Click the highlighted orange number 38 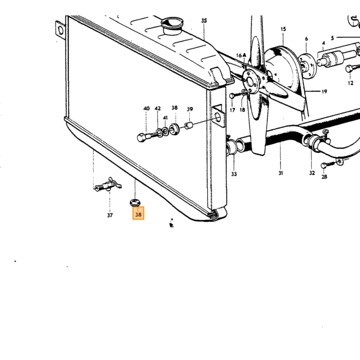click(138, 214)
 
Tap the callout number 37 click(110, 215)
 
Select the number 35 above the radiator click(204, 21)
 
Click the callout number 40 click(147, 109)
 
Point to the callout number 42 click(158, 109)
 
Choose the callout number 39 click(190, 109)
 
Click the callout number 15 click(283, 29)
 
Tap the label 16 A click(241, 56)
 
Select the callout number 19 click(324, 92)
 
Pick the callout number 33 click(234, 174)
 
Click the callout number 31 click(281, 173)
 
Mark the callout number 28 click(324, 176)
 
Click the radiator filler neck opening click(172, 22)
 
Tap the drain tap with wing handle click(108, 185)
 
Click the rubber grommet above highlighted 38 click(135, 202)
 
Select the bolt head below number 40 click(141, 137)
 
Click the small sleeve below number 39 click(189, 125)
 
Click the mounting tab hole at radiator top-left click(61, 30)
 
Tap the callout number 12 click(351, 83)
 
